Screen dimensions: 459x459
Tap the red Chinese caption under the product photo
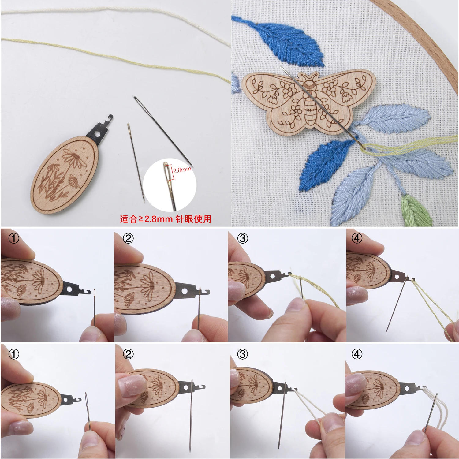166,219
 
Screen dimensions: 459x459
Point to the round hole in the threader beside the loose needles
98,134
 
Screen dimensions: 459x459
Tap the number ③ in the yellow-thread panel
242,238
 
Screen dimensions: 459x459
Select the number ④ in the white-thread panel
357,354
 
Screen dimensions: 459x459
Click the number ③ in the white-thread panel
242,354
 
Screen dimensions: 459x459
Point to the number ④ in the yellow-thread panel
357,238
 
